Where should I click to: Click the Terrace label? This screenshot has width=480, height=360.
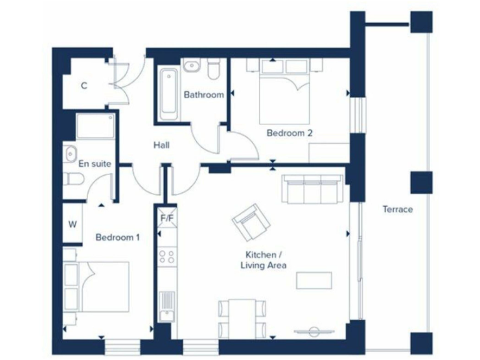397,209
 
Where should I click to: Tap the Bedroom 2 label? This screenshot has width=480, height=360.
289,133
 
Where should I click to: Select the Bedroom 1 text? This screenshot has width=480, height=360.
117,237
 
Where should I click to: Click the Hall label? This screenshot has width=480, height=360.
162,145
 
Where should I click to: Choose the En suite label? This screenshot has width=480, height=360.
94,164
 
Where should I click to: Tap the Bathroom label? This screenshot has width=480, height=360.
203,95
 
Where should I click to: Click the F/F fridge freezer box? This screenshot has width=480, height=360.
167,218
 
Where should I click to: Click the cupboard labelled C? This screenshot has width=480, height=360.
84,86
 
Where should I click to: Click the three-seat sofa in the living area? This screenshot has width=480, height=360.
312,188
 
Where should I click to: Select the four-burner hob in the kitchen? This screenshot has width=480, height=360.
167,255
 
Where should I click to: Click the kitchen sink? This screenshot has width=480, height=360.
166,306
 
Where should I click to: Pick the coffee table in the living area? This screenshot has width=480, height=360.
314,281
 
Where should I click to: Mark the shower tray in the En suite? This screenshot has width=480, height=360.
93,127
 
